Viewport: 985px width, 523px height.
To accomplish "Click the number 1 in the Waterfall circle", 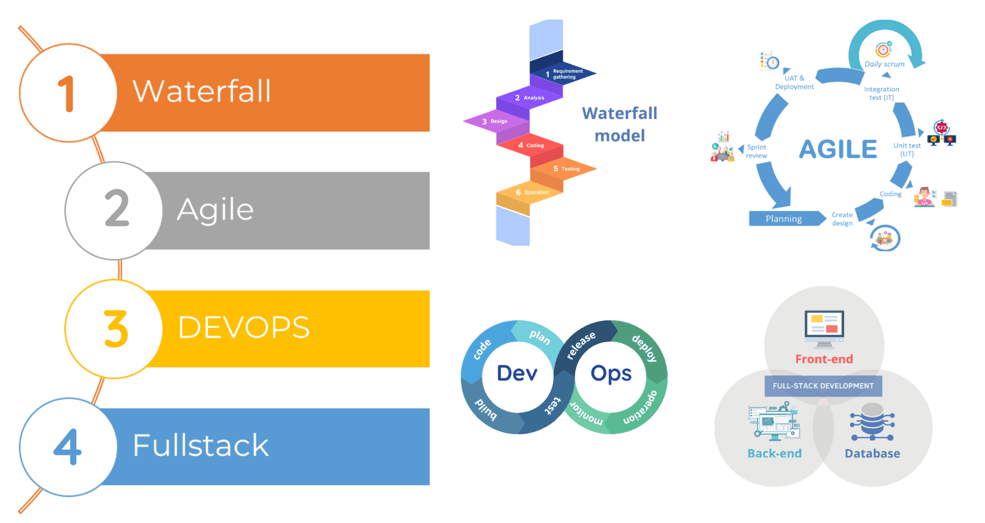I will coord(67,93).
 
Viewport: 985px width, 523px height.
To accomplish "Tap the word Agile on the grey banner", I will coord(215,210).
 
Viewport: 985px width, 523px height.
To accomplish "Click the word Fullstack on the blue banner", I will coord(201,445).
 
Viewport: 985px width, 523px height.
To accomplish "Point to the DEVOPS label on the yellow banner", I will coord(244,327).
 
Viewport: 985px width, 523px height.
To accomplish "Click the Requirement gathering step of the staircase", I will coord(564,74).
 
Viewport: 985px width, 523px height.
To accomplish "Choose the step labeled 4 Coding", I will coord(531,146).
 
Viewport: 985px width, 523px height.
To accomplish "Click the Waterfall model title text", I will coord(620,125).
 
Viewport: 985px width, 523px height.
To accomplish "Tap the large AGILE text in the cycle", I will coord(838,149).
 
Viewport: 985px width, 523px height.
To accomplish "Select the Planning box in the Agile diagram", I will coord(784,219).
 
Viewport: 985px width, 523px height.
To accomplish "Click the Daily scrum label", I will coord(884,65).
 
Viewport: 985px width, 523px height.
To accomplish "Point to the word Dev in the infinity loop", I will coord(517,373).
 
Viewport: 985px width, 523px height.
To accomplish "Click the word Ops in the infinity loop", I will coord(611,373).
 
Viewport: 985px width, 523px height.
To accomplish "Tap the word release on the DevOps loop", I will coord(581,345).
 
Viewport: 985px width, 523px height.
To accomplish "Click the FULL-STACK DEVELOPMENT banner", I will coord(823,386).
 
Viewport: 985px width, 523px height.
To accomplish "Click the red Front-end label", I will coord(824,359).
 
